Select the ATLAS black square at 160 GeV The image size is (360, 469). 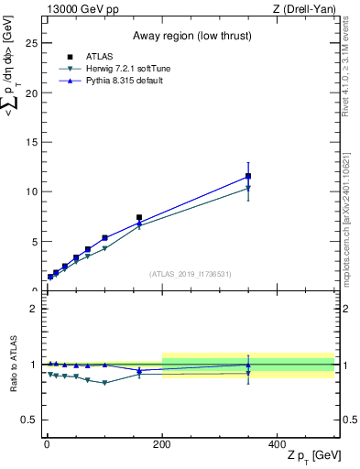point(139,218)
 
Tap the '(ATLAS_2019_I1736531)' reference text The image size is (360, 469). point(190,274)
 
